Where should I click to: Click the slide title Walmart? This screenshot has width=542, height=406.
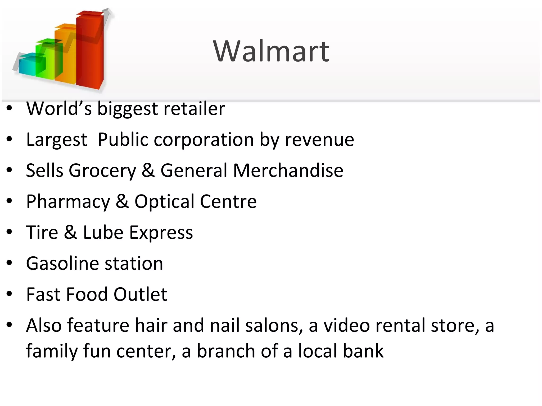coord(271,51)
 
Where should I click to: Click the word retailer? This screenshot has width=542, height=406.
coord(194,109)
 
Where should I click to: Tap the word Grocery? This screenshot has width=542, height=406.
coord(102,171)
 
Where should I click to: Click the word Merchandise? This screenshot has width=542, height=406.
coord(288,170)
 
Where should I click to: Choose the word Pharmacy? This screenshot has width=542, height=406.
coord(68,202)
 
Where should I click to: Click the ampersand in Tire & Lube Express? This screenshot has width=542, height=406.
coord(70,232)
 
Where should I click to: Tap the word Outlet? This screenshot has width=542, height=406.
coord(140,294)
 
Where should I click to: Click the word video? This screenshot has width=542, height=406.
coord(347,325)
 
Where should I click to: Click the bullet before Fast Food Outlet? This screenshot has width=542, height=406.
coord(10,294)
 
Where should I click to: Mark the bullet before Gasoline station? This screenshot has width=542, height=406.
coord(10,263)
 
